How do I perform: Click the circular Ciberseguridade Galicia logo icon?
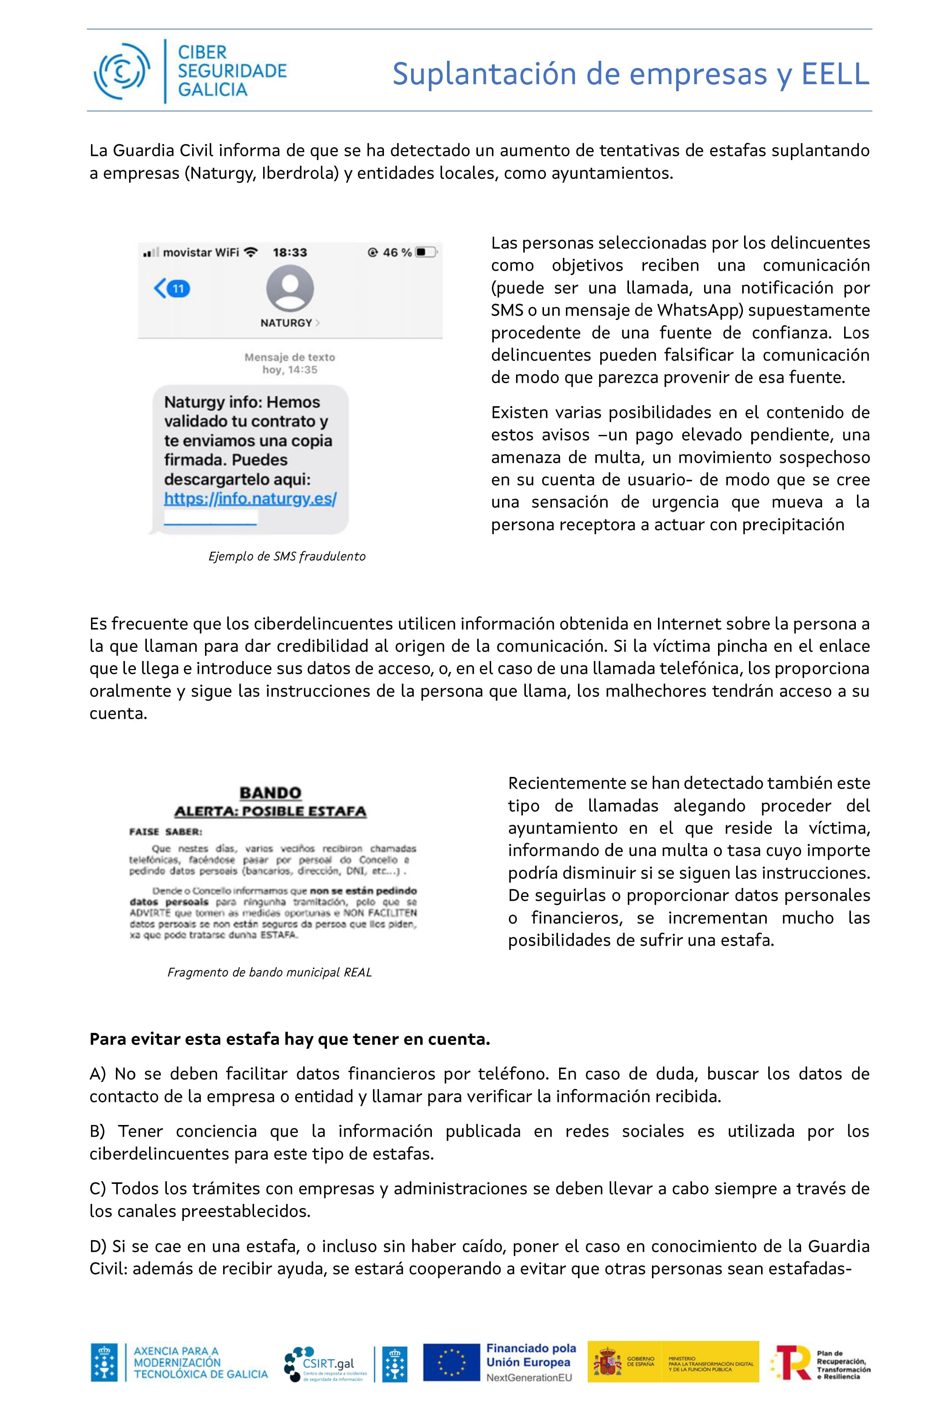122,71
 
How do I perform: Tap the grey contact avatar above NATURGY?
290,288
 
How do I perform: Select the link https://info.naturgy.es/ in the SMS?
250,499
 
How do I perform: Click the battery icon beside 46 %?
426,253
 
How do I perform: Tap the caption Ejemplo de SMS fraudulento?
287,556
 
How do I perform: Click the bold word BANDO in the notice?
270,793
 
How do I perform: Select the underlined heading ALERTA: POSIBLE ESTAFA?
270,811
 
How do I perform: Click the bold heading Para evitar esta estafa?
290,1039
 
